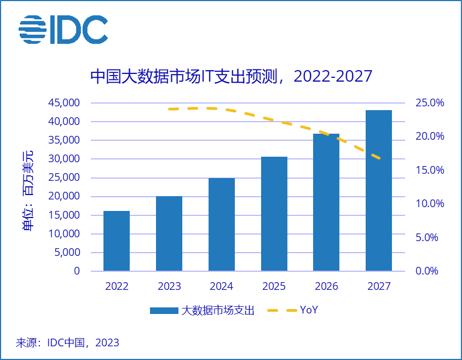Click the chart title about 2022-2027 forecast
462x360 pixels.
coord(231,76)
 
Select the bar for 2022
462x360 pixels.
coord(117,241)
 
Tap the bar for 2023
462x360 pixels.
coord(169,233)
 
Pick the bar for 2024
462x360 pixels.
coord(222,224)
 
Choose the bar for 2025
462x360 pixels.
coord(274,214)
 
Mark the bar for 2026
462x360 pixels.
coord(326,202)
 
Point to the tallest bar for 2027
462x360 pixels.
coord(379,190)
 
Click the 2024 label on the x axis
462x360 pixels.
coord(222,287)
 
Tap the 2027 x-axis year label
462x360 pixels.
coord(379,287)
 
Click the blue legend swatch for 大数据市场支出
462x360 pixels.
coord(164,311)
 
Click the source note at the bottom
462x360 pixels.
coord(67,343)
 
